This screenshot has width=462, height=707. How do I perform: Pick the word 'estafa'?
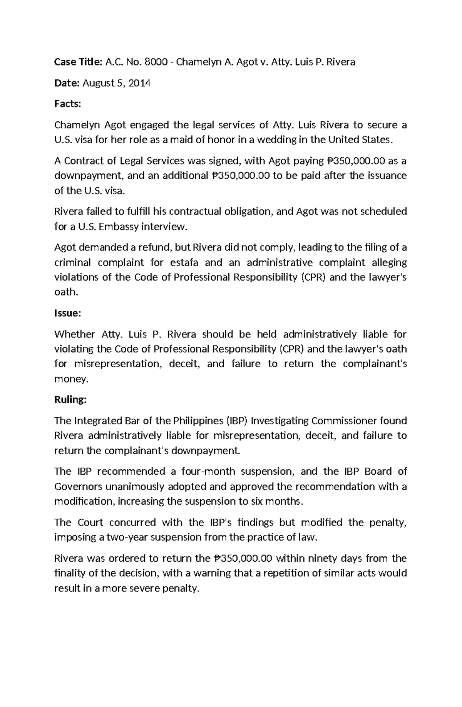click(x=184, y=262)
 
